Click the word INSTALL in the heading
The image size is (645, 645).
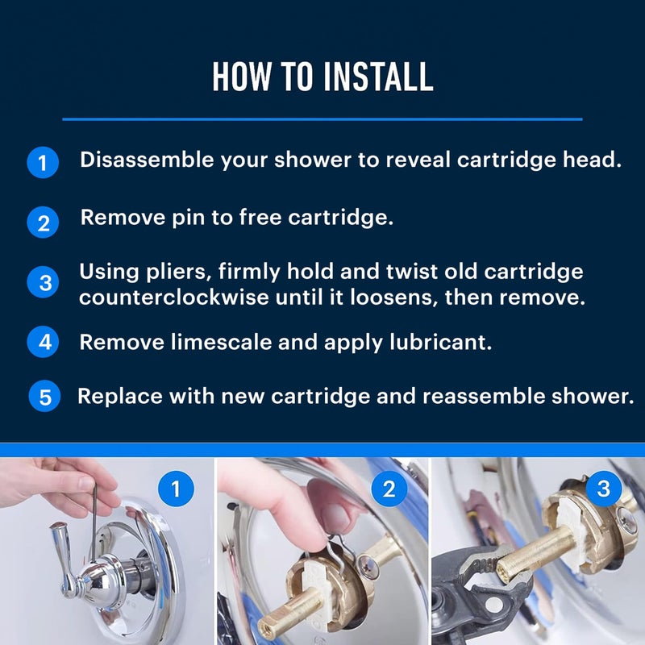click(378, 76)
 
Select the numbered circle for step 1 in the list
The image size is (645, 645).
click(43, 163)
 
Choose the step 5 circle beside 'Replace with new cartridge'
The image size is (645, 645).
click(45, 397)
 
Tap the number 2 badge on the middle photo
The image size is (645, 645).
click(389, 489)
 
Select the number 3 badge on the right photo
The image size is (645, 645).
click(604, 489)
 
